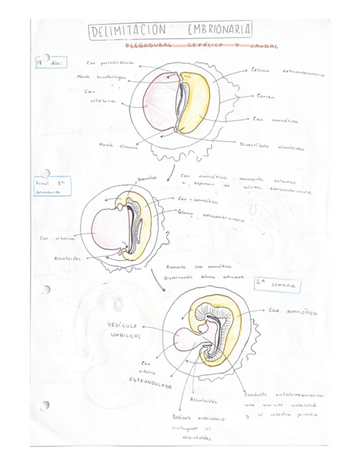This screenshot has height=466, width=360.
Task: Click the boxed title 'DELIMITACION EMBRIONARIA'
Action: point(170,30)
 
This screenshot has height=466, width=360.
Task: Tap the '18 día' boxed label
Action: point(50,62)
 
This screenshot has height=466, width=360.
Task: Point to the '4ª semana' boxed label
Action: point(278,285)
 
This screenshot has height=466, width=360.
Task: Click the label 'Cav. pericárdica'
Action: point(110,63)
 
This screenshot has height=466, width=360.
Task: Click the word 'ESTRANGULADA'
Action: point(150,382)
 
